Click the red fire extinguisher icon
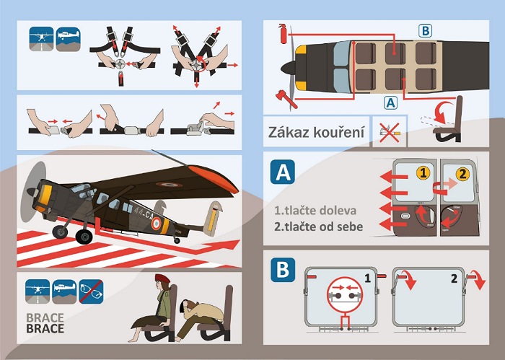coord(284,33)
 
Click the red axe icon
coord(286,99)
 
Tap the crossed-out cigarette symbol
coord(390,132)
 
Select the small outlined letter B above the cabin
coord(425,31)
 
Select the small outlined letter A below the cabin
coord(390,103)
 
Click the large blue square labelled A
coord(283,172)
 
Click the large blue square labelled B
coord(283,270)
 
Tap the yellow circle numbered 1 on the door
coord(423,173)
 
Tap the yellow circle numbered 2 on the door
coord(462,174)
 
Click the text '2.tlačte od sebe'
coord(319,227)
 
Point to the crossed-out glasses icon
coord(91,291)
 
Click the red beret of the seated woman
coord(162,278)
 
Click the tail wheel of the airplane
coord(177,240)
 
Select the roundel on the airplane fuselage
coord(157,223)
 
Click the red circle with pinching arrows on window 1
coord(345,294)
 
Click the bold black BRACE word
coord(45,329)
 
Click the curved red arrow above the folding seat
coord(443,111)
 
